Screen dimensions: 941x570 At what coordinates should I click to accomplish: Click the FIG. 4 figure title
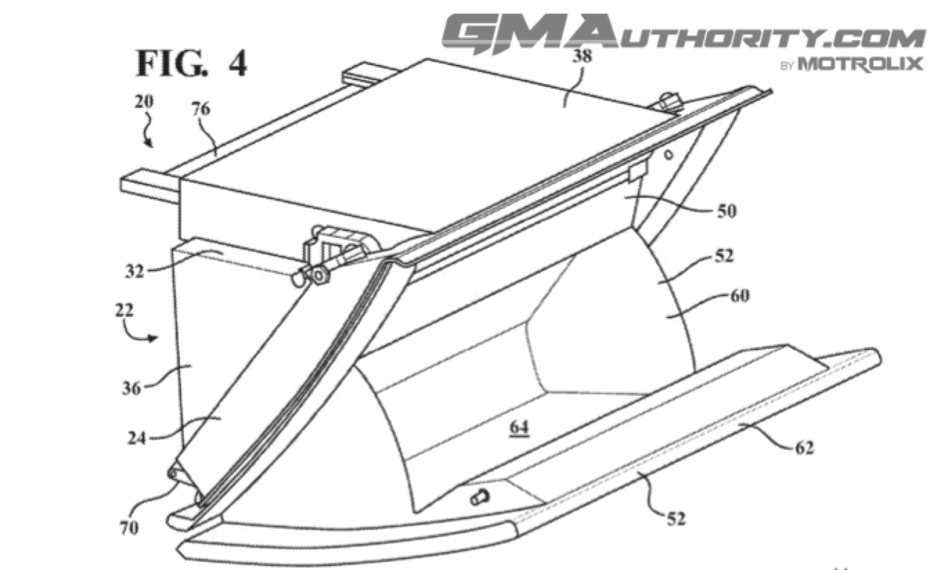click(x=191, y=64)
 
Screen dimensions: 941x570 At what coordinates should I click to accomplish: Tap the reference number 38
click(x=582, y=56)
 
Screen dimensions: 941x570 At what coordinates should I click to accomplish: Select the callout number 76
click(x=200, y=109)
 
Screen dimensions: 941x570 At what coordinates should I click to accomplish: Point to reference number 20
click(x=144, y=102)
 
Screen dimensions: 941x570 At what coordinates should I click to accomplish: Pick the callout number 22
click(x=124, y=311)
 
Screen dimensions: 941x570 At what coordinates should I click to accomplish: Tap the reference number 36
click(x=131, y=388)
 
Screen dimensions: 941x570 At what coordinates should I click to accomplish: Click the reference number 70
click(x=128, y=528)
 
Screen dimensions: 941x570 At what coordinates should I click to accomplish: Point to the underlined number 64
click(x=518, y=428)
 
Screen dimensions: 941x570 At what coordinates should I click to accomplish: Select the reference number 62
click(x=804, y=448)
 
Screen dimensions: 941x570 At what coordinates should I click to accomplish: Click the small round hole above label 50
click(x=669, y=154)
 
